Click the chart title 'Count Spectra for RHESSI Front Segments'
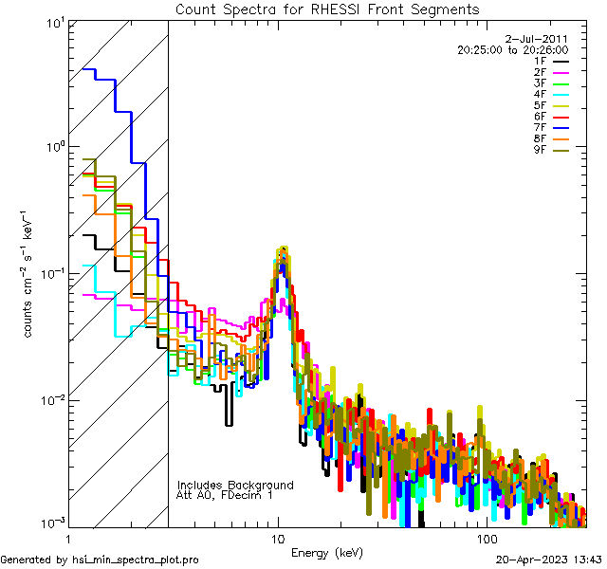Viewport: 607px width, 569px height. tap(327, 9)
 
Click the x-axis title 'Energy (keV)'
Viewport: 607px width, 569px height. tap(327, 552)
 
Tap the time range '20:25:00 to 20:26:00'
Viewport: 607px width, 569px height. tap(512, 49)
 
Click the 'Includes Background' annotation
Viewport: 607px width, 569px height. tap(235, 485)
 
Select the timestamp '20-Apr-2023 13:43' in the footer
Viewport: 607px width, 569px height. tap(550, 560)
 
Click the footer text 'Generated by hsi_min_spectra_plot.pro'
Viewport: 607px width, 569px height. tap(100, 560)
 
